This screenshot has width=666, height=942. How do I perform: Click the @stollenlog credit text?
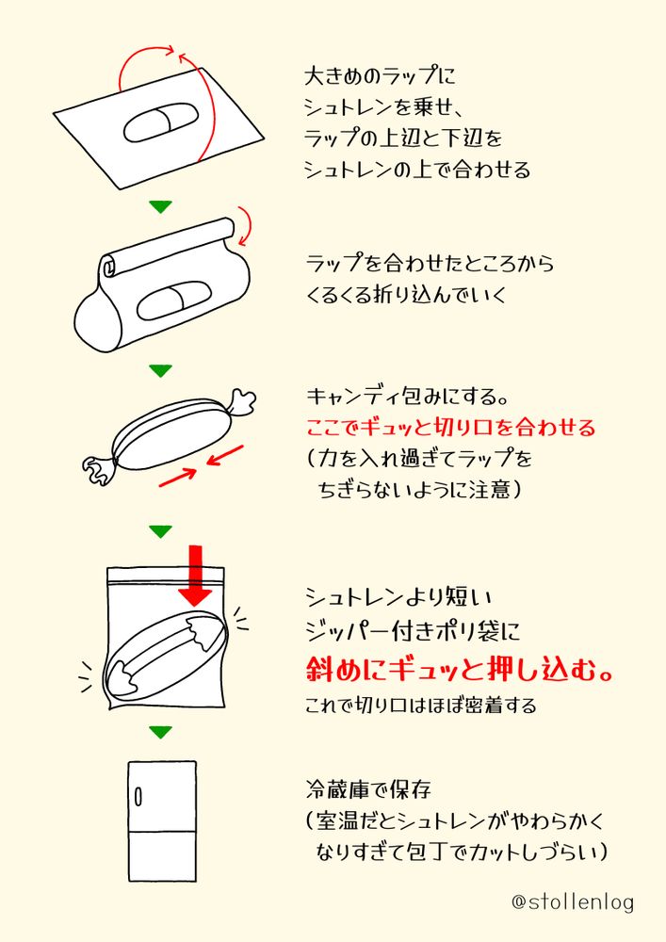point(573,901)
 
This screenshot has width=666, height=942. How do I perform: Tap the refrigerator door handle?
point(138,797)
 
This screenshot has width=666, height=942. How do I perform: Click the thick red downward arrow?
point(195,576)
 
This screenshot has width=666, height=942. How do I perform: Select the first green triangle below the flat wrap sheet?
point(160,206)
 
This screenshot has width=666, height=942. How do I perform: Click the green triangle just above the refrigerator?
point(160,732)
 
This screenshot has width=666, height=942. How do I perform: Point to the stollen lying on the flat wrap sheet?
point(161,123)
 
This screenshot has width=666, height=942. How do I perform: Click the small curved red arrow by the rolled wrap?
point(245,226)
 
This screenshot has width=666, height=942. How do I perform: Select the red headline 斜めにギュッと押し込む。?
point(460,669)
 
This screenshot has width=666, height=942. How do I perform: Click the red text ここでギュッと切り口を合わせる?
point(450,428)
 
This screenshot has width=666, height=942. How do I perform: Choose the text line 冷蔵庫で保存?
point(368,789)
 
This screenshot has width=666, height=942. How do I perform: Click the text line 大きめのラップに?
point(381,75)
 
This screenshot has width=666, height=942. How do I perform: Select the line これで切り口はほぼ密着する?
point(420,705)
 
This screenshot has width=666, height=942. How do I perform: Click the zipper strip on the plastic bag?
point(165,576)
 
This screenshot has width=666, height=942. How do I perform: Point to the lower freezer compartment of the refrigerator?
point(162,856)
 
